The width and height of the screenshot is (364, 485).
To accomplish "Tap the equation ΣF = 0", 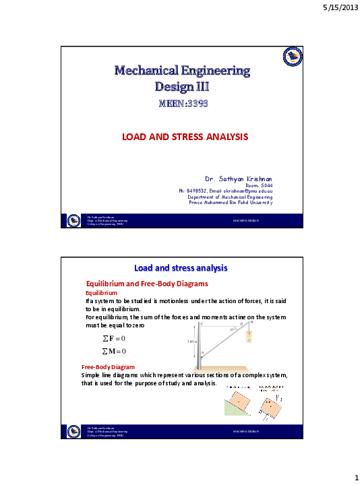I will [x=114, y=337].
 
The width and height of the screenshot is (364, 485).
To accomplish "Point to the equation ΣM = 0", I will [x=114, y=351].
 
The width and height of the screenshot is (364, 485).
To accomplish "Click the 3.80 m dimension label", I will [x=191, y=342].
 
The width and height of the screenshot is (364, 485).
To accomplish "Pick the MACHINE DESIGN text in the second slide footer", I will [x=246, y=430].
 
